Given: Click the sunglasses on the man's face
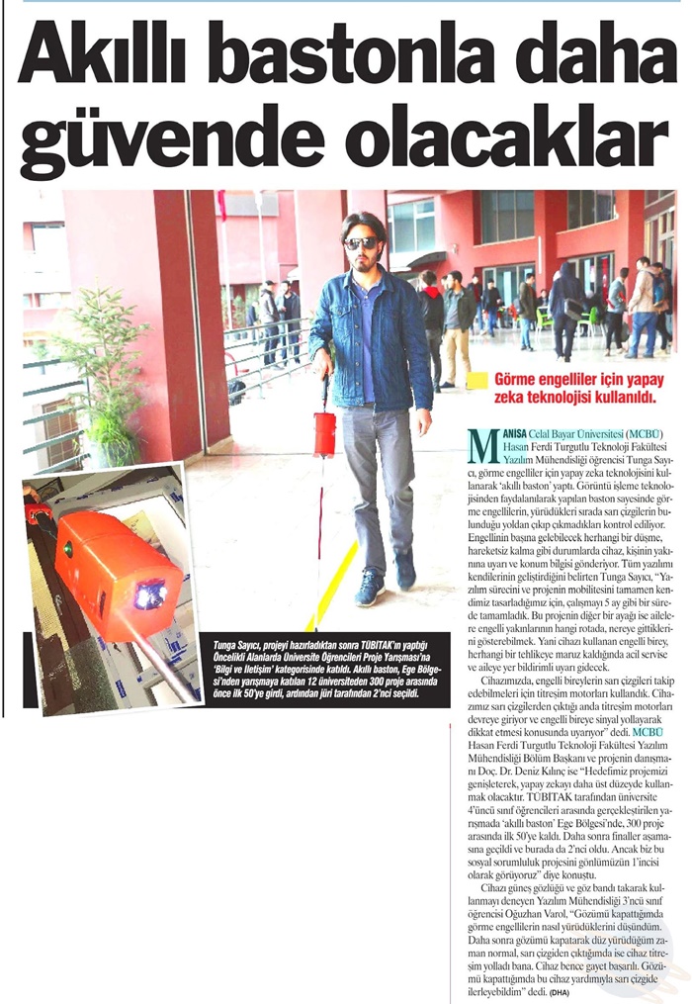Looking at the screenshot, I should pos(361,242).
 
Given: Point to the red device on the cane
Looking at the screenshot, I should pos(324,433).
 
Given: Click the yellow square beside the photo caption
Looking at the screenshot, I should pos(477,379).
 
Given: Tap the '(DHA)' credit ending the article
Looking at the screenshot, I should pos(562,990).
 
